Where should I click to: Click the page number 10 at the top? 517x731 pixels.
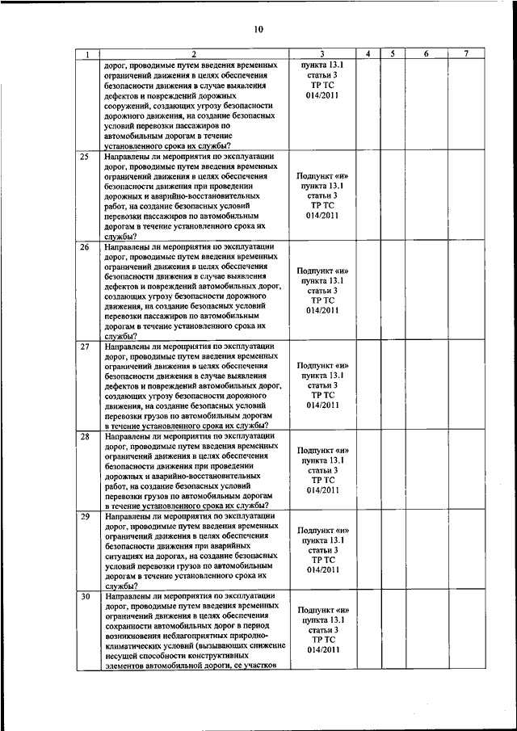click(258, 29)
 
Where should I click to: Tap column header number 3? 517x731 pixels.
click(322, 54)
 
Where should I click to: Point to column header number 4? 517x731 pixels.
click(368, 54)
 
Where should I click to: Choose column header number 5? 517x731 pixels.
click(391, 54)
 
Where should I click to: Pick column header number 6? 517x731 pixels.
click(426, 54)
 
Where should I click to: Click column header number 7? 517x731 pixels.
click(467, 54)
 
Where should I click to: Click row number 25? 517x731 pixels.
click(85, 156)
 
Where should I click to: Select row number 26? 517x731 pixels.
click(85, 246)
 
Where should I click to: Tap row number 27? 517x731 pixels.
click(85, 347)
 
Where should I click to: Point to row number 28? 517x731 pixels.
click(85, 437)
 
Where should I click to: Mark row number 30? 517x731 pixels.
click(85, 596)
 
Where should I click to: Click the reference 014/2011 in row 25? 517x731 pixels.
click(322, 216)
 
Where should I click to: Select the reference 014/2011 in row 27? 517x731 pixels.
click(322, 405)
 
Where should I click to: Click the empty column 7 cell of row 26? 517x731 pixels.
click(467, 291)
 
